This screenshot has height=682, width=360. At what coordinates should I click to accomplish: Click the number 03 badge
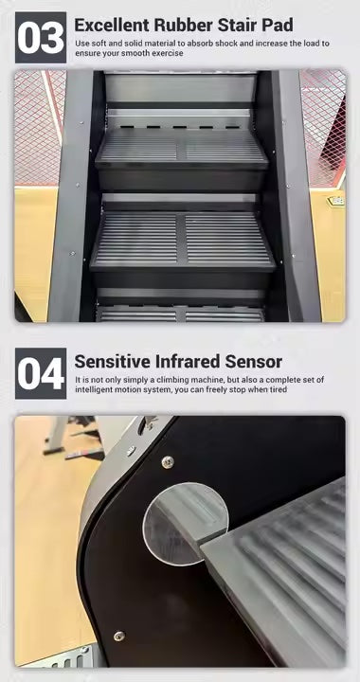[41, 37]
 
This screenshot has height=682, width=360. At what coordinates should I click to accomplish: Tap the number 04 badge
[41, 373]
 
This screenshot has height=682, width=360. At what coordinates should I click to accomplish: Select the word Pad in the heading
[278, 25]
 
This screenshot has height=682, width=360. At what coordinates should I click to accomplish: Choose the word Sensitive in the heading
[111, 362]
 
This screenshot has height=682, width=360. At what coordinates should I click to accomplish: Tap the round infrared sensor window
[186, 523]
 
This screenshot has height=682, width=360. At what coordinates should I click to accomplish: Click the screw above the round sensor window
[168, 461]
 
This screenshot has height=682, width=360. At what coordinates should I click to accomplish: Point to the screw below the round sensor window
[119, 636]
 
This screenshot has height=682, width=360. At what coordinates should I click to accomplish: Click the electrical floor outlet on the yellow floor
[336, 202]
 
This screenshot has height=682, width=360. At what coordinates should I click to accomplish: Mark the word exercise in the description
[168, 53]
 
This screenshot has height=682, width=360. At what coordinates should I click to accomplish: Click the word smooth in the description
[137, 53]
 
